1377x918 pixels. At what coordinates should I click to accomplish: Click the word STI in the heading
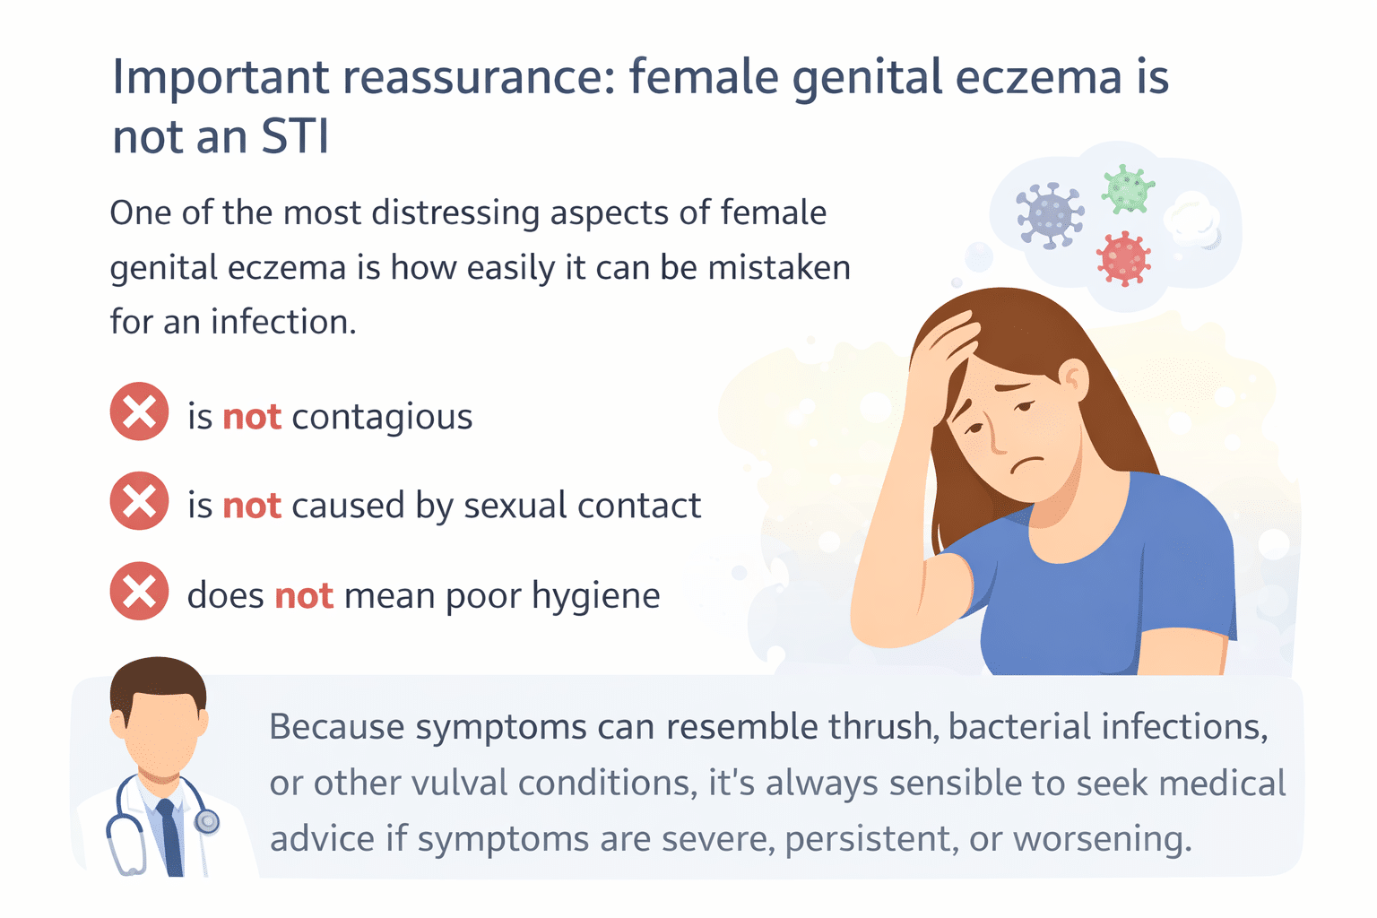click(x=295, y=137)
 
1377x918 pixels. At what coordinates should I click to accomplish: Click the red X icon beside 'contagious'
click(x=139, y=411)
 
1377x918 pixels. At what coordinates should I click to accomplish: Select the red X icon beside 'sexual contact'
click(x=139, y=501)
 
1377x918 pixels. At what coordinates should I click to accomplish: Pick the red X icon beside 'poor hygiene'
click(x=139, y=592)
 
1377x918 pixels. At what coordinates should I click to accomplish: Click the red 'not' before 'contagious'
click(x=252, y=417)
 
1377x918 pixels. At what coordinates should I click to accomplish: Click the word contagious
click(x=382, y=417)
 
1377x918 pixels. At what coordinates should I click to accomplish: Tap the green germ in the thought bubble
click(x=1127, y=188)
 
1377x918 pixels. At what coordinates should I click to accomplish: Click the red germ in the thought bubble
click(x=1123, y=258)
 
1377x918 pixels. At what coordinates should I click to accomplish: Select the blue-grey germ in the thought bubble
click(x=1050, y=215)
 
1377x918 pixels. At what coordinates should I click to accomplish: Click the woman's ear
click(x=1073, y=379)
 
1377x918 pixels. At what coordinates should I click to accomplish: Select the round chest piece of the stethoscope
click(x=207, y=820)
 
